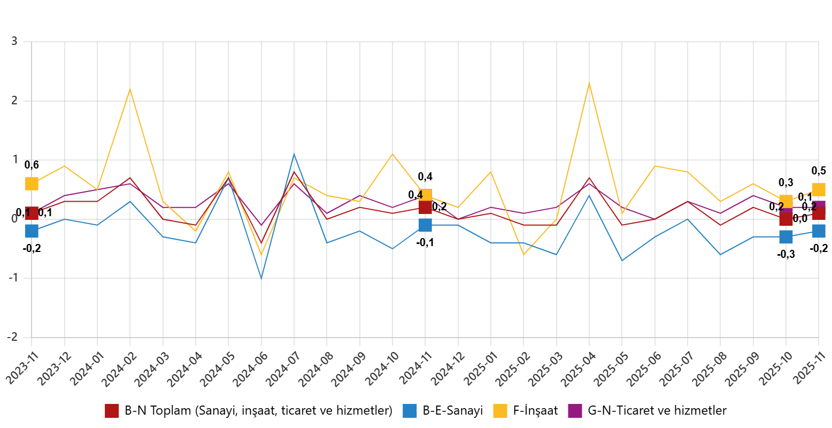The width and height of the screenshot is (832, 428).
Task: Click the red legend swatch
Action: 112,411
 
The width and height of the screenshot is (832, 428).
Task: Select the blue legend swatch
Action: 410,411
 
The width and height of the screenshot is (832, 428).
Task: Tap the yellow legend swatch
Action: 500,411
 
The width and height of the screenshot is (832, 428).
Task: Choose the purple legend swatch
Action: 575,411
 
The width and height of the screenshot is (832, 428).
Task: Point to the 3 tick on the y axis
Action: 14,41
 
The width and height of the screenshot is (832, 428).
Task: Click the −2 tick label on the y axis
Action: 12,337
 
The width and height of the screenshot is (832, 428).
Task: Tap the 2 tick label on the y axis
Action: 14,101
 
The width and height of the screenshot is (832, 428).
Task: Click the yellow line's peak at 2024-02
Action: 130,89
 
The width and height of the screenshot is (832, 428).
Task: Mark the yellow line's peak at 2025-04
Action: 589,82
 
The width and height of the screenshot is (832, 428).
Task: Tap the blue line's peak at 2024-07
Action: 294,154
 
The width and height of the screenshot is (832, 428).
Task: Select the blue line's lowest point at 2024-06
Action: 261,279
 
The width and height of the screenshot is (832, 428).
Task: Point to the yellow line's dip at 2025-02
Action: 523,255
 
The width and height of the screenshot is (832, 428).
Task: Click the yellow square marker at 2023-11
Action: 32,184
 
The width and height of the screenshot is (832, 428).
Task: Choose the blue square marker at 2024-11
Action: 425,225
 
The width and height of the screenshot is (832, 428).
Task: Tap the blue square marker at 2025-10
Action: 786,237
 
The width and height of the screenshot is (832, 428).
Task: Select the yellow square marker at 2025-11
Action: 819,190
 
